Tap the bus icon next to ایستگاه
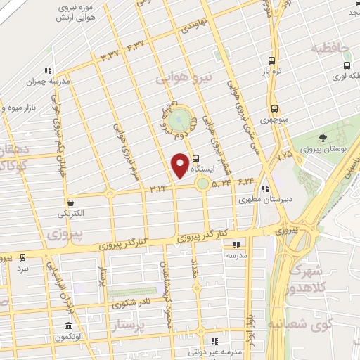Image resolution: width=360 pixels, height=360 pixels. (x=195, y=159)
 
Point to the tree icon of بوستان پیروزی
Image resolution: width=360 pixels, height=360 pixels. (x=322, y=138)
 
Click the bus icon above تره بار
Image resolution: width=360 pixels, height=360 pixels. (x=273, y=60)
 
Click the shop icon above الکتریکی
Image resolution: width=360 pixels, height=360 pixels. (x=70, y=202)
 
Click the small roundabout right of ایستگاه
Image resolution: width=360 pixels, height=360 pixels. (x=203, y=184)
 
